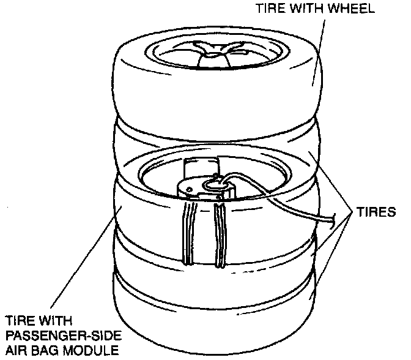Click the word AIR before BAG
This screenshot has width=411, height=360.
[17, 351]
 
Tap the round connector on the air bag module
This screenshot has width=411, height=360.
[214, 182]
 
